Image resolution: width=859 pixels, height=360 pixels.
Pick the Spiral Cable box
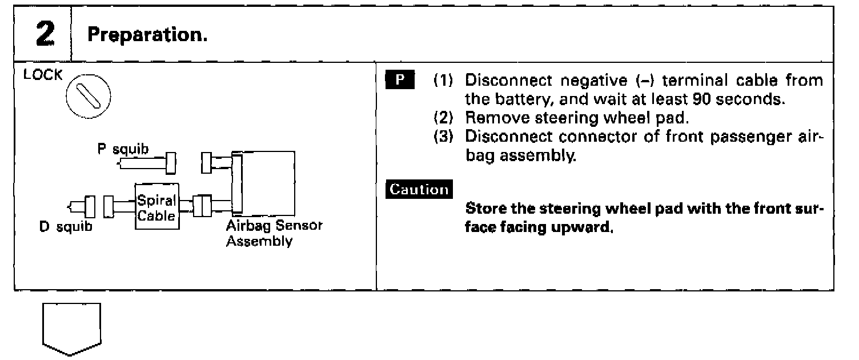157,206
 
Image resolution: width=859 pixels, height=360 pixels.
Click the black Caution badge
419,189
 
